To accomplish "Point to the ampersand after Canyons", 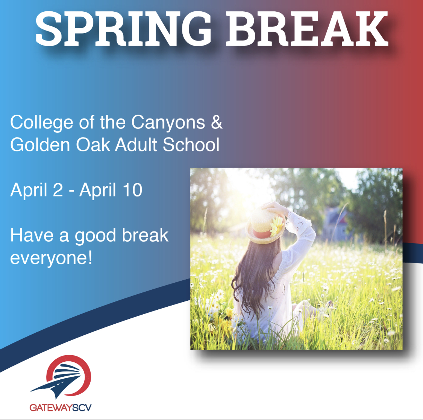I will [217, 123].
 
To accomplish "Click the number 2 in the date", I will [58, 190].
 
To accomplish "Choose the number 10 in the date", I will [132, 190].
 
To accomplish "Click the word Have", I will [32, 236].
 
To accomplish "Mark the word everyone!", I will [51, 259].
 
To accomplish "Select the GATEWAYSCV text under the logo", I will [61, 408].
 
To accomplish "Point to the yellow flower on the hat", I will [277, 225].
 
